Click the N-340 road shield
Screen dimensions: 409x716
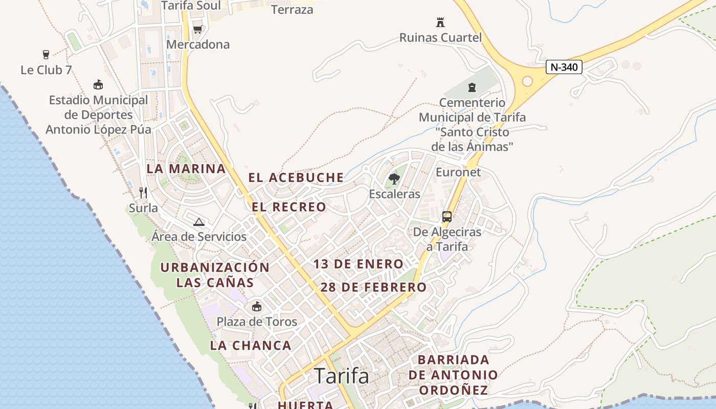tap(564, 67)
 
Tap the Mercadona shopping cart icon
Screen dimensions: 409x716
tap(197, 29)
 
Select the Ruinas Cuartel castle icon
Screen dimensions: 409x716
tap(440, 22)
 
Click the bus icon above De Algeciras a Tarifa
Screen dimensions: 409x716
tap(447, 216)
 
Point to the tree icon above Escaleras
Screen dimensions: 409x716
tap(394, 178)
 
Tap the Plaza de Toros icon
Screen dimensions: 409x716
tap(256, 306)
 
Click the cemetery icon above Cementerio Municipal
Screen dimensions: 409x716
tap(472, 87)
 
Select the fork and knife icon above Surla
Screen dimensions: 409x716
tap(143, 192)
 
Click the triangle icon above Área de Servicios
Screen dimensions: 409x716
tap(199, 222)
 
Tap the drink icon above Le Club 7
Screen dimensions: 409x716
tap(46, 54)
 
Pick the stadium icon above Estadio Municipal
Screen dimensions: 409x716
tap(98, 84)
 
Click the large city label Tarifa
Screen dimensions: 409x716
tap(341, 376)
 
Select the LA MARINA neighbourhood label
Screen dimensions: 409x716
tap(186, 169)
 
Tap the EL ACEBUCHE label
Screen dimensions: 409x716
tap(296, 177)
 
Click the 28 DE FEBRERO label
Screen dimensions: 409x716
tap(373, 287)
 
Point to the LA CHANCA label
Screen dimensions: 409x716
tap(251, 346)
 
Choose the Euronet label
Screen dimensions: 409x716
tap(458, 172)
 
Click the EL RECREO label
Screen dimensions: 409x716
tap(289, 207)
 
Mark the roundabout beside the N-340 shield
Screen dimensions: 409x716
tap(527, 81)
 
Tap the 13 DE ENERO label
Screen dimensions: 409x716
tap(359, 264)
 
